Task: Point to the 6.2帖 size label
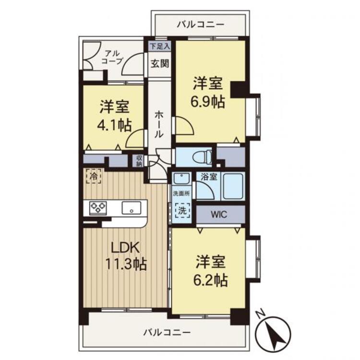tap(211, 278)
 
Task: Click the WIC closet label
tap(220, 214)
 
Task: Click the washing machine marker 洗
tap(182, 210)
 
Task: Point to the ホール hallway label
tap(158, 124)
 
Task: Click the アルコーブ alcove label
tap(113, 57)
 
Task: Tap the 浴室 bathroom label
tap(208, 176)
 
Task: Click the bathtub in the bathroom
tap(232, 186)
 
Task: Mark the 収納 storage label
tap(139, 160)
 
